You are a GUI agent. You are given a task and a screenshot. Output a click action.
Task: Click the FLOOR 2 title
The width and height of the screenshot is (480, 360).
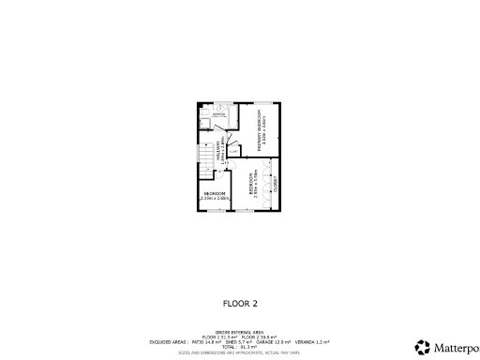coord(239,303)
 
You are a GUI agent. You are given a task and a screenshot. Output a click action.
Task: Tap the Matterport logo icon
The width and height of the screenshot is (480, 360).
coord(423,346)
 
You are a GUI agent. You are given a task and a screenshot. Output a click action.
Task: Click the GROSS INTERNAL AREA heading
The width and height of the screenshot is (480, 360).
coord(239,333)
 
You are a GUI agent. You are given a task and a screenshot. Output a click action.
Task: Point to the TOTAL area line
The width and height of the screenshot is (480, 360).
coord(239,347)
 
